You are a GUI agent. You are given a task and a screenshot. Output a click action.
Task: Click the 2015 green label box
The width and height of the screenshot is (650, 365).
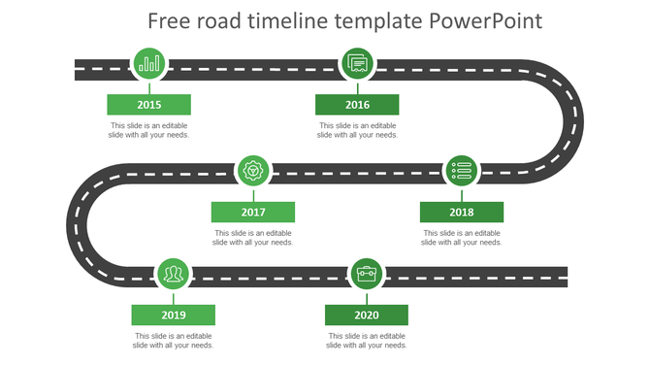click(x=148, y=105)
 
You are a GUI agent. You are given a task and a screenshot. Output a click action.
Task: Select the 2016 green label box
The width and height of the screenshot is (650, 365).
click(x=357, y=105)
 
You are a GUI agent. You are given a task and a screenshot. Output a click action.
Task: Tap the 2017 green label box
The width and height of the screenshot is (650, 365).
click(x=253, y=212)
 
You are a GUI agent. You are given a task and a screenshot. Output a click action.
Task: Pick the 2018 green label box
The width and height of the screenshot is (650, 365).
click(x=461, y=212)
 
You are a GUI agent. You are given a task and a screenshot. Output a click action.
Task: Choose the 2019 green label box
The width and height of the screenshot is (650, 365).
click(x=174, y=315)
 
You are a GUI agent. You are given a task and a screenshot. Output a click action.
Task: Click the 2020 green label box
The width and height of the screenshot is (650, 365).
click(x=366, y=315)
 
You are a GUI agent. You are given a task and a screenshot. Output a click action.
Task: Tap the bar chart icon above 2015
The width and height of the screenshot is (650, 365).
click(x=149, y=65)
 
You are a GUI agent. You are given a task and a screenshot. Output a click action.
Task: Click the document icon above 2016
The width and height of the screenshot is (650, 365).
click(x=357, y=65)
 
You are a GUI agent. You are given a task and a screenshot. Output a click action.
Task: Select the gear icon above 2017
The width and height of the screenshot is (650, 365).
click(x=254, y=171)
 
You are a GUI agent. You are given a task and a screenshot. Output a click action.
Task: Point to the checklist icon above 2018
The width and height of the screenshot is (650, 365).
click(x=462, y=171)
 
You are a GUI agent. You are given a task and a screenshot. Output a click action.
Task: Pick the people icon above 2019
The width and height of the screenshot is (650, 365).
click(x=174, y=275)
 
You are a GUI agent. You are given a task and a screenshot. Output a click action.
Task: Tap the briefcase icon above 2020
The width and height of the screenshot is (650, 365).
click(x=367, y=275)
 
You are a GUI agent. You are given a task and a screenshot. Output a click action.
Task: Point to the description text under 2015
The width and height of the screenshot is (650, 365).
click(x=148, y=130)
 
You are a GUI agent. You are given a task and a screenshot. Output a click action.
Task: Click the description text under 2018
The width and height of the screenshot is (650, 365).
click(x=461, y=237)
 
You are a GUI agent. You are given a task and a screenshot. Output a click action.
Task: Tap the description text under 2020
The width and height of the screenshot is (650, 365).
click(x=366, y=340)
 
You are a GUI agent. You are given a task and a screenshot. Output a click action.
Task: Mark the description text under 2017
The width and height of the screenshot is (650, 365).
click(x=253, y=237)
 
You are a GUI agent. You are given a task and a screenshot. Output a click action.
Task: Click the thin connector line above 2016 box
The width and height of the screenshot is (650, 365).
click(x=357, y=88)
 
